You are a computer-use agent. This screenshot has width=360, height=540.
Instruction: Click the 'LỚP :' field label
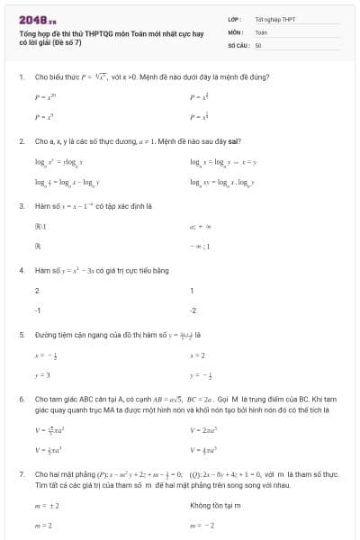pyautogui.click(x=235, y=18)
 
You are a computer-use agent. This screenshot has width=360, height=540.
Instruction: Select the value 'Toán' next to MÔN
pyautogui.click(x=261, y=31)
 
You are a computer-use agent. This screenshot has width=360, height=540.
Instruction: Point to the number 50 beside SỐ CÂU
pyautogui.click(x=258, y=44)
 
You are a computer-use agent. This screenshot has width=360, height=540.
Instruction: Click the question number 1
pyautogui.click(x=21, y=77)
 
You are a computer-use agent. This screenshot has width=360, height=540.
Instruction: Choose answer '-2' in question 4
pyautogui.click(x=193, y=310)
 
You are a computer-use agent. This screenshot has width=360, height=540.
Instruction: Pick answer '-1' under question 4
pyautogui.click(x=38, y=310)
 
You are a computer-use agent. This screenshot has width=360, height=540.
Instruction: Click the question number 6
pyautogui.click(x=21, y=398)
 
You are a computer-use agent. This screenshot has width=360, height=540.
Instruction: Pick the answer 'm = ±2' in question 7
pyautogui.click(x=45, y=506)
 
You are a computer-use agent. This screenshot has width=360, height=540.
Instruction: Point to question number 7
pyautogui.click(x=21, y=472)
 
